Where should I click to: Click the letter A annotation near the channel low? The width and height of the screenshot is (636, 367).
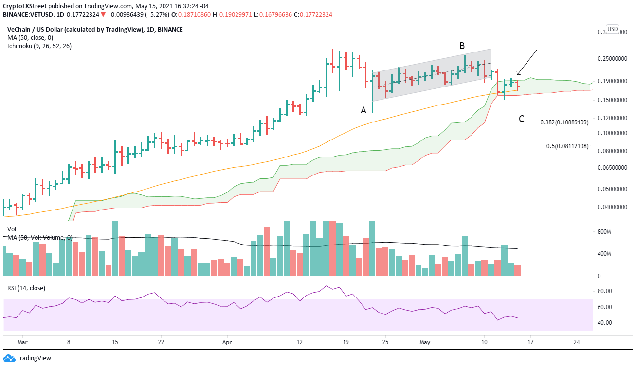(363, 110)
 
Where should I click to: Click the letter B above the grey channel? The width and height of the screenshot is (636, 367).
(462, 46)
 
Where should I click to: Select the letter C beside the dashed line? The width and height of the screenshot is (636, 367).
(521, 119)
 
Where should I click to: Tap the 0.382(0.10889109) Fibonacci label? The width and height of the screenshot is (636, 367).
(564, 122)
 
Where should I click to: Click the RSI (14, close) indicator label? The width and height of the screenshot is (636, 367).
(26, 288)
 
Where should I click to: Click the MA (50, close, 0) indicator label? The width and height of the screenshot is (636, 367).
(29, 38)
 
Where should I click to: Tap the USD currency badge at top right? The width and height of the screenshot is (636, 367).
(612, 29)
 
